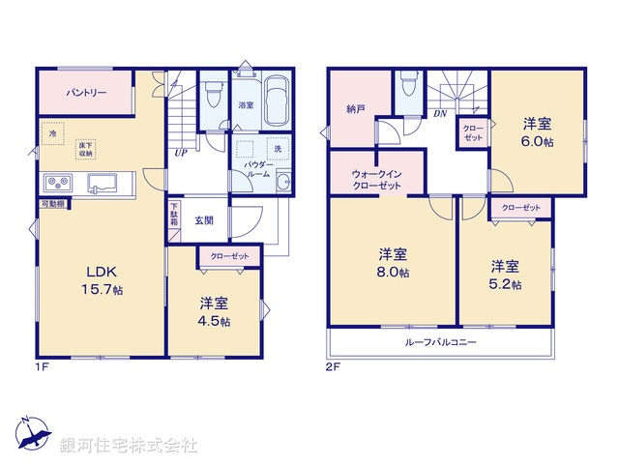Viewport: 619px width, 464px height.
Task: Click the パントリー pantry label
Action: [x=86, y=93]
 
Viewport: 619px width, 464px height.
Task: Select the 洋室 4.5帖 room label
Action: [x=216, y=311]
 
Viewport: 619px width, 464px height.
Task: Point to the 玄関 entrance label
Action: [x=203, y=219]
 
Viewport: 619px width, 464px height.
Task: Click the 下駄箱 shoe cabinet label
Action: [x=174, y=214]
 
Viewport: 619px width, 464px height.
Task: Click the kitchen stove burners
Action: [x=55, y=182]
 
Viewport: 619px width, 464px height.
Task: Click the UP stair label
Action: [x=181, y=152]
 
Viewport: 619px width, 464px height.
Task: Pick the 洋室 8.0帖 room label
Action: [x=392, y=264]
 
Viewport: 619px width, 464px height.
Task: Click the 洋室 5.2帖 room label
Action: [x=505, y=275]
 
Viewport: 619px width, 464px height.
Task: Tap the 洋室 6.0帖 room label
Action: [x=539, y=131]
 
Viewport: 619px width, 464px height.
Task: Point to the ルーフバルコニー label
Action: [x=441, y=342]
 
